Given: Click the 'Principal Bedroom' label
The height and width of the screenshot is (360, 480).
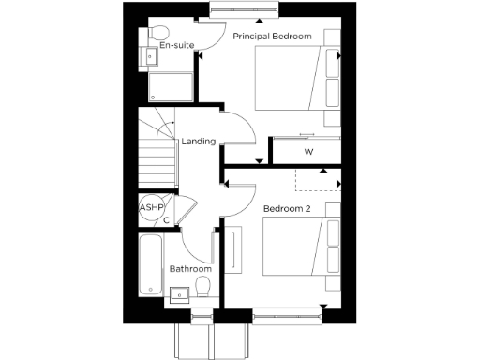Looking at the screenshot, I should (271, 35).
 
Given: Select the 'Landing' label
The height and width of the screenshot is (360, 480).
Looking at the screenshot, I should (199, 142).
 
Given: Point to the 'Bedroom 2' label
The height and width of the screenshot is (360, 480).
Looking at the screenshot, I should (286, 207).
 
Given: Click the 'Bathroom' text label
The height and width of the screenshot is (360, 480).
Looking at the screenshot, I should (189, 269).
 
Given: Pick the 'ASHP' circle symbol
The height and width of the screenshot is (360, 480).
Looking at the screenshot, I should (151, 208).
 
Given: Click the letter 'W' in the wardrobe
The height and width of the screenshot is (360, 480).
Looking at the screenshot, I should (308, 151).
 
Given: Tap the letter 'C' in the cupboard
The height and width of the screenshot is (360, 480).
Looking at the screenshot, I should (166, 221).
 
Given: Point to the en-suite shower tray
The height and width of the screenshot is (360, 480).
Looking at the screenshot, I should (171, 84).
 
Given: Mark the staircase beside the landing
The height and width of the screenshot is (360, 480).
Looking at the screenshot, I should (157, 150).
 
